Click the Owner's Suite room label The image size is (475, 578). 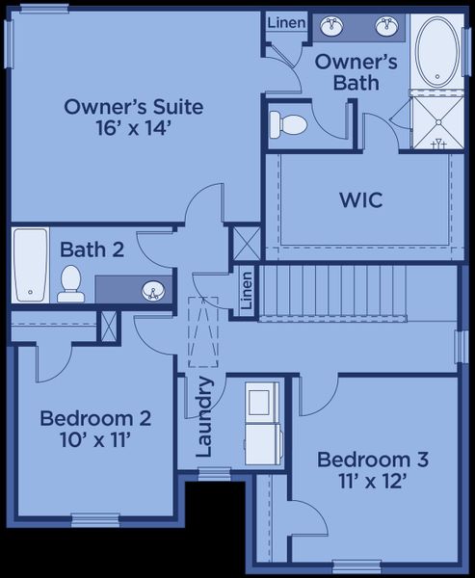[x=133, y=106]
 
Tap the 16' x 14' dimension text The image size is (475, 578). [x=133, y=129]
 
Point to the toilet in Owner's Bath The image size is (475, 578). [x=287, y=123]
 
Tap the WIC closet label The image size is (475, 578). [x=361, y=200]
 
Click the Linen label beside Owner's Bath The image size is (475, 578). [x=286, y=23]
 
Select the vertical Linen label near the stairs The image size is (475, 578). [x=247, y=291]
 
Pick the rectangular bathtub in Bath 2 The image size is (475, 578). [x=30, y=265]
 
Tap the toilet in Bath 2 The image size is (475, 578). [x=70, y=282]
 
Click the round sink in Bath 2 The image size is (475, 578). [x=153, y=289]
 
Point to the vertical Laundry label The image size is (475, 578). [x=204, y=416]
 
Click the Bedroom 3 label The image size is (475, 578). [x=373, y=459]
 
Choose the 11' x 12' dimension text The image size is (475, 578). [x=373, y=481]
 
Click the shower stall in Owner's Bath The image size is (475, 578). [x=436, y=122]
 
